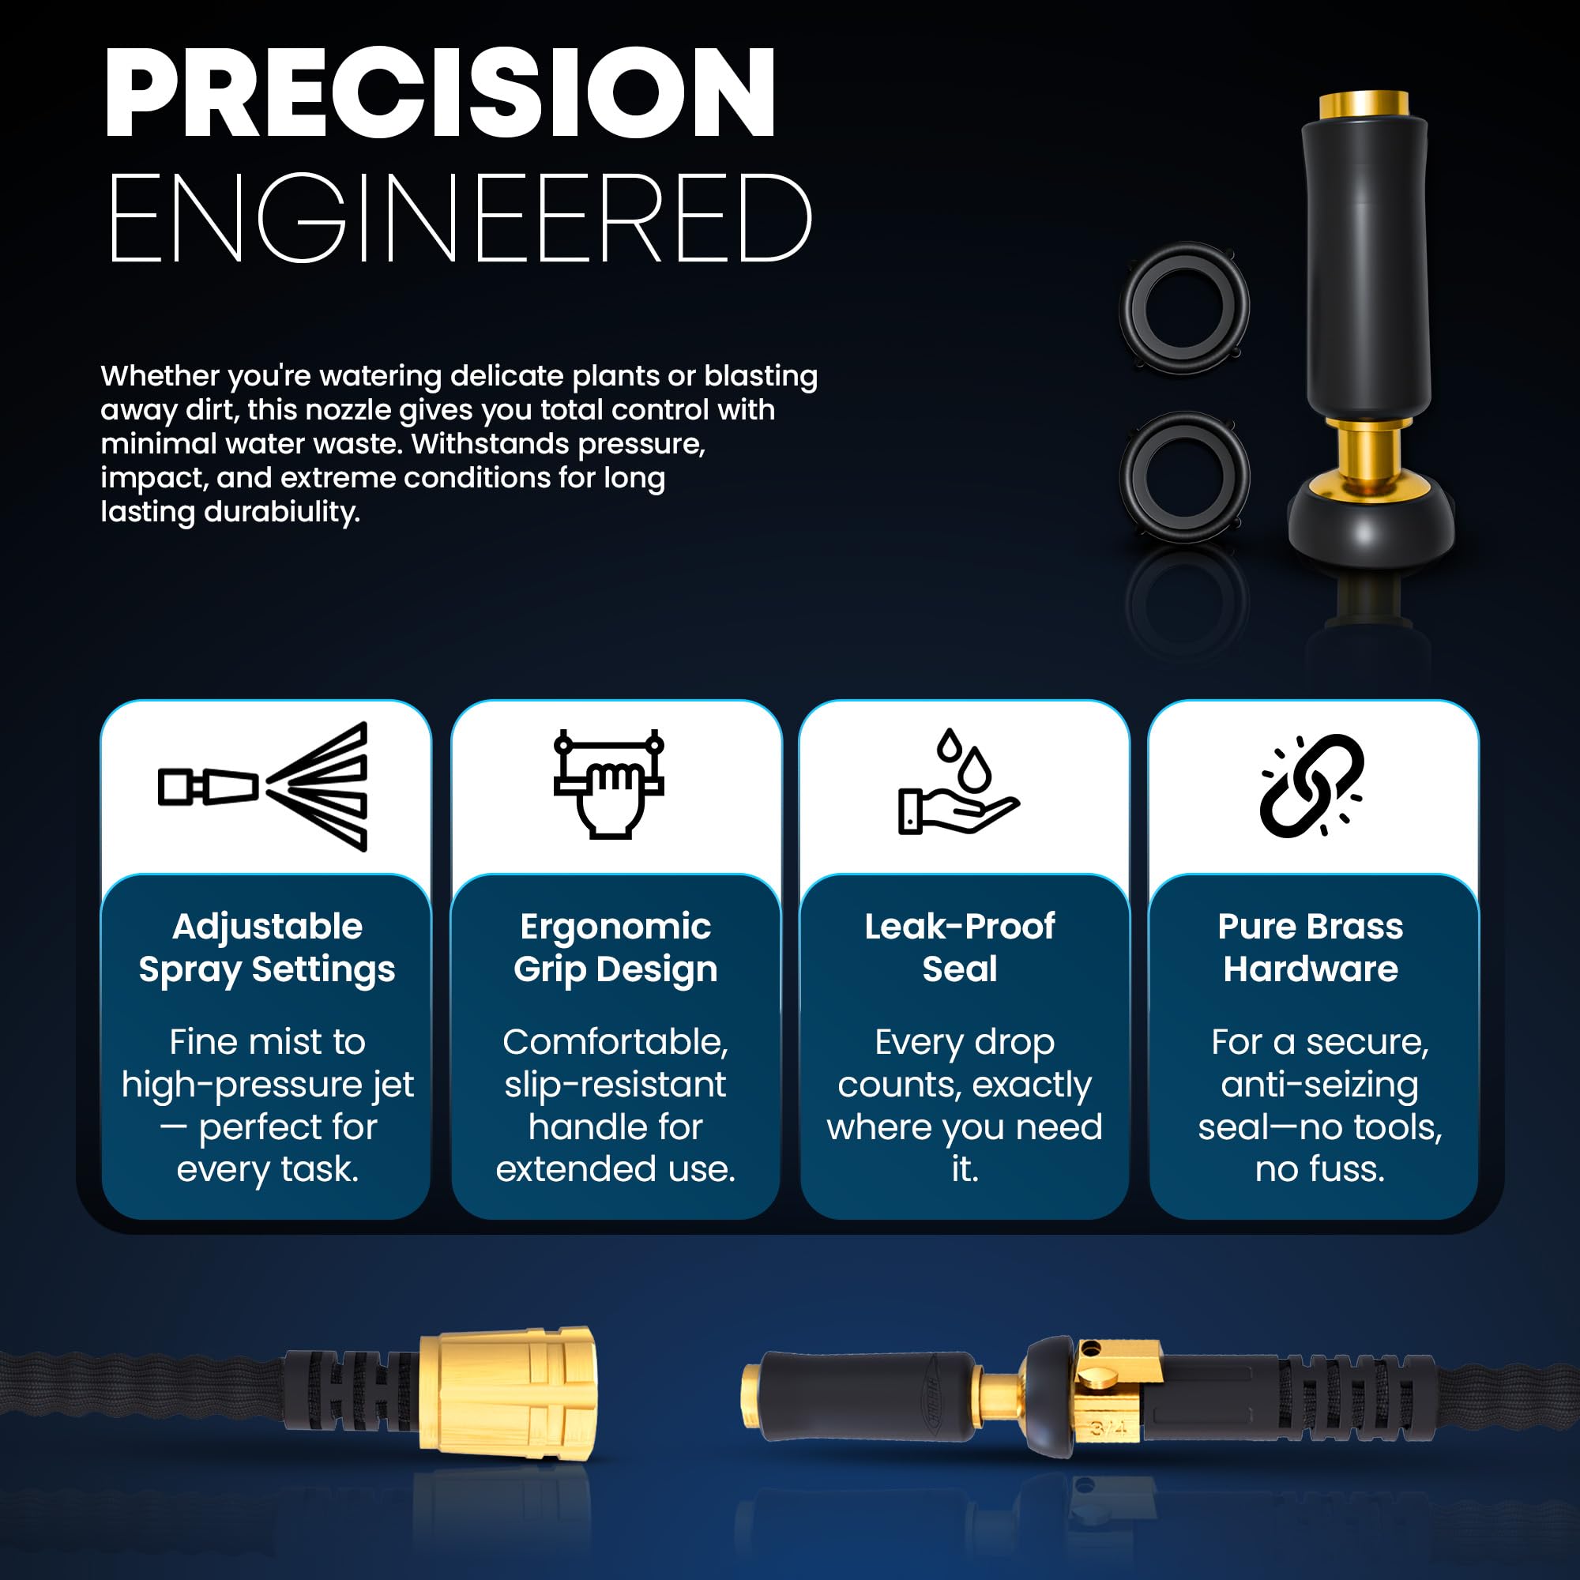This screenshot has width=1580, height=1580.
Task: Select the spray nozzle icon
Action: coord(262,787)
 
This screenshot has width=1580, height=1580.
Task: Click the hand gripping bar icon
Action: coord(608,784)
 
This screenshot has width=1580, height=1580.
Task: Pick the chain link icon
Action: coord(1311,785)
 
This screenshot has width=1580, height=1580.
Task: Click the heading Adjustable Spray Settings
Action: coord(266,948)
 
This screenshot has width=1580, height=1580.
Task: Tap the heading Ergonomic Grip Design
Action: coord(615,948)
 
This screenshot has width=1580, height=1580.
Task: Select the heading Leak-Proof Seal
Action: coord(959,948)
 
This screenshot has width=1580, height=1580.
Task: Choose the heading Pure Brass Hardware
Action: coord(1310,948)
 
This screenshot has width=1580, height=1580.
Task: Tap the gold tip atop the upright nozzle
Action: coord(1364,103)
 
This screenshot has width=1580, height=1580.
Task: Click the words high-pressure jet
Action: coord(268,1085)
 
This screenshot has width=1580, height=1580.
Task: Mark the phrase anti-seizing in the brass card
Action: coord(1319,1085)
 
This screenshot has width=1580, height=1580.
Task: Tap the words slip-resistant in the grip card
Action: coord(615,1085)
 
